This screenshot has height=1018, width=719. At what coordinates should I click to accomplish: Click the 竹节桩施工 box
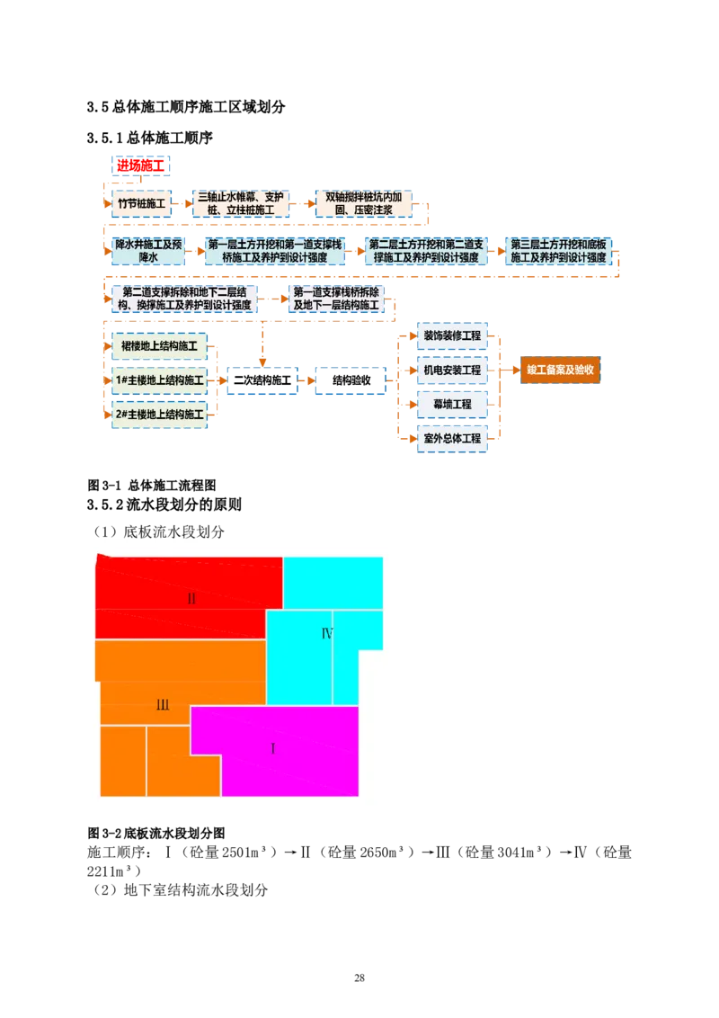pos(141,203)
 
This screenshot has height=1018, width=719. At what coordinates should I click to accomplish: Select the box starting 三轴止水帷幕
pos(241,203)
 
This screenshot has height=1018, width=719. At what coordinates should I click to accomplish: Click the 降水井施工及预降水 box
pos(148,251)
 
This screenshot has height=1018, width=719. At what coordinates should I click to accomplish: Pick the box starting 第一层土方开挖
pos(275,251)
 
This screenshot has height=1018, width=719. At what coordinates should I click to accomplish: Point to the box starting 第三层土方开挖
pos(557,251)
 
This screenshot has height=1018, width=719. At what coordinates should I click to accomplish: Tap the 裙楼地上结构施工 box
pos(158,345)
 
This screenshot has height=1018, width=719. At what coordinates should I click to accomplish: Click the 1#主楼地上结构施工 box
pos(158,380)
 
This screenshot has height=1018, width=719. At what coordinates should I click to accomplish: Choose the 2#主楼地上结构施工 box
pos(158,415)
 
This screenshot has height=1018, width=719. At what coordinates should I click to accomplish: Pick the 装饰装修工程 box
pos(452,336)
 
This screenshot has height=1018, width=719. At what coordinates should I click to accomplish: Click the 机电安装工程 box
pos(452,370)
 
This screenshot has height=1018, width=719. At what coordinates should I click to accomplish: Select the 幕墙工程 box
pos(452,405)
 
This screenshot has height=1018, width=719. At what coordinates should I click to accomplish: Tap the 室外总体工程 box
pos(452,439)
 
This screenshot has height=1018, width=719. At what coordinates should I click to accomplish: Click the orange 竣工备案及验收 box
pos(560,370)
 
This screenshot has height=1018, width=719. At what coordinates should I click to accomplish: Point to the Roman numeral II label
pos(191,599)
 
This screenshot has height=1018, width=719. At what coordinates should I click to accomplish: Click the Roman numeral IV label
pos(327,634)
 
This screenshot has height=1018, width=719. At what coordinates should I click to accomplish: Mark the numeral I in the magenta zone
pos(273,749)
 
